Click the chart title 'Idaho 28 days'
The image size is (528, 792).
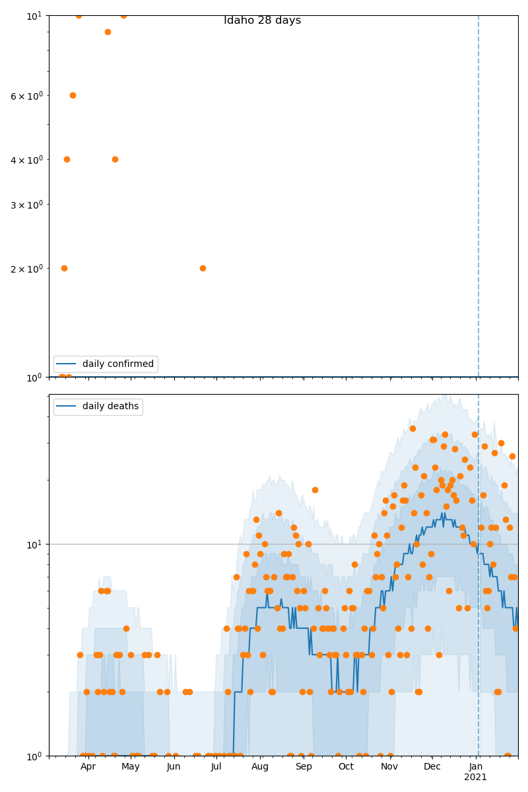[262, 20]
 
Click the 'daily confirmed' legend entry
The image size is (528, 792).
[117, 364]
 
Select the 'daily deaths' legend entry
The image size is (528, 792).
[110, 407]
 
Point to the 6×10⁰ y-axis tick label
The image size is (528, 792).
[26, 96]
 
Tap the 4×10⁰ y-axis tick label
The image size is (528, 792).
[26, 160]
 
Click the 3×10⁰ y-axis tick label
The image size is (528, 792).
[26, 205]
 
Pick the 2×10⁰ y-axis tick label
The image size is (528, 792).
[26, 269]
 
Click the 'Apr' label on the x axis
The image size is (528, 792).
[88, 767]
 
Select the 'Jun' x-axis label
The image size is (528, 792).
[174, 767]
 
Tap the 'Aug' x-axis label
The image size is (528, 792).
[260, 767]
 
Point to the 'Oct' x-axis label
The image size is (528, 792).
[346, 767]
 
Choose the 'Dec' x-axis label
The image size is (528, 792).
[432, 767]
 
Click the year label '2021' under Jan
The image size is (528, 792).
[475, 777]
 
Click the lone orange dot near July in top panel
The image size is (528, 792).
[203, 268]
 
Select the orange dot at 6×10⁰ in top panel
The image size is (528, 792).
[73, 95]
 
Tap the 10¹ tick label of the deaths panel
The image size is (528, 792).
[34, 544]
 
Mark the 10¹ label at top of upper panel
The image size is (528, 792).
[34, 15]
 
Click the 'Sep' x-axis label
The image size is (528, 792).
[304, 767]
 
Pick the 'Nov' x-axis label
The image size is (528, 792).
[389, 767]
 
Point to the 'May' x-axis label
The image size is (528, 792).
[131, 767]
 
